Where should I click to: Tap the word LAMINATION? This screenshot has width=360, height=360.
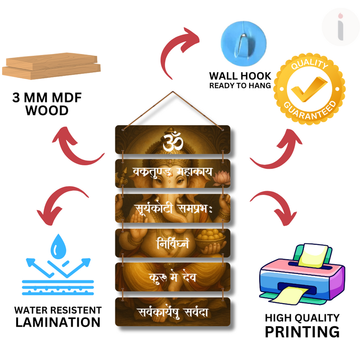point(58,322)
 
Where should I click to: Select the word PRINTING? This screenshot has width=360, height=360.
point(302,332)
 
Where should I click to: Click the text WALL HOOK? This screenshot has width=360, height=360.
point(240,76)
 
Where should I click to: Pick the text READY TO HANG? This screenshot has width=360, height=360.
point(240,85)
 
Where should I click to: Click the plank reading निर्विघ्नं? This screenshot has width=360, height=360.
point(172,243)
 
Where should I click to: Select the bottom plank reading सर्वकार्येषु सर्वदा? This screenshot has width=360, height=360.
point(172,311)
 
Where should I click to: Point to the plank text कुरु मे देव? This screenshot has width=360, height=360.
point(172,277)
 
